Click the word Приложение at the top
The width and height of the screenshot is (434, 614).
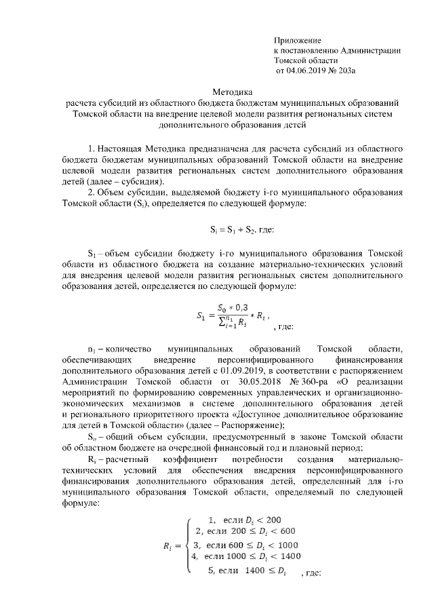tap(298, 41)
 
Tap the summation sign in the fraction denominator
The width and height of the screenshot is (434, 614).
tap(221, 323)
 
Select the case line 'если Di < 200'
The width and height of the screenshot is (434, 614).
tap(251, 519)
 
